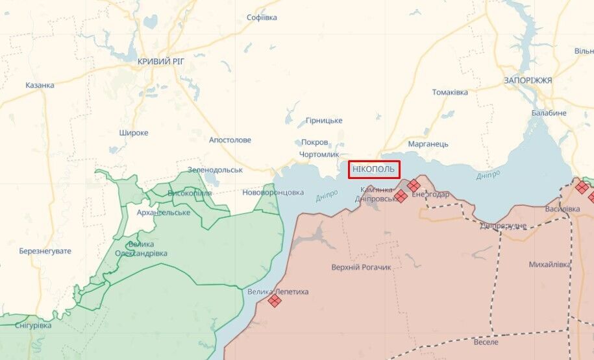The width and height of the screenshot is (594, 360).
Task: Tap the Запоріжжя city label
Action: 528,80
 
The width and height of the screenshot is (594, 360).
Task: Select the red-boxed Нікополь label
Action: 373,169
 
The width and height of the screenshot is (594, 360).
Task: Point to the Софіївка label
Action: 262,18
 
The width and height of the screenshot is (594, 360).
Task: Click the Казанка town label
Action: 40,85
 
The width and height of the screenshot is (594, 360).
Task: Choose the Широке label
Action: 134,132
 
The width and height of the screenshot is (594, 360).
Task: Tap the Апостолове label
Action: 230,139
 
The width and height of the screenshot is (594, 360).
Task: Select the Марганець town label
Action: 428,143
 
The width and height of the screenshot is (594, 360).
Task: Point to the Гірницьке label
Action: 324,120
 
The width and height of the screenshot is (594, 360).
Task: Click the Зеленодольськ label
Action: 215,169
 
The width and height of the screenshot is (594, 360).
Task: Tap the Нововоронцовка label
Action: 273,192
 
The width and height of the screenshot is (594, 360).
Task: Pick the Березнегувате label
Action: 45,251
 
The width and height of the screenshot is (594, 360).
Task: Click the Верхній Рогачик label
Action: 361,267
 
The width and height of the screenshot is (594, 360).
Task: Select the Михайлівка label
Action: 550,265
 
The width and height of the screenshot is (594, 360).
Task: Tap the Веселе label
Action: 486,342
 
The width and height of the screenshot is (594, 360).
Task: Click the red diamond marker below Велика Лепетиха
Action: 275,300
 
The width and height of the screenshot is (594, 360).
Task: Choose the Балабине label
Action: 549,113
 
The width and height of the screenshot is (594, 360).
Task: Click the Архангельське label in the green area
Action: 164,213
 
